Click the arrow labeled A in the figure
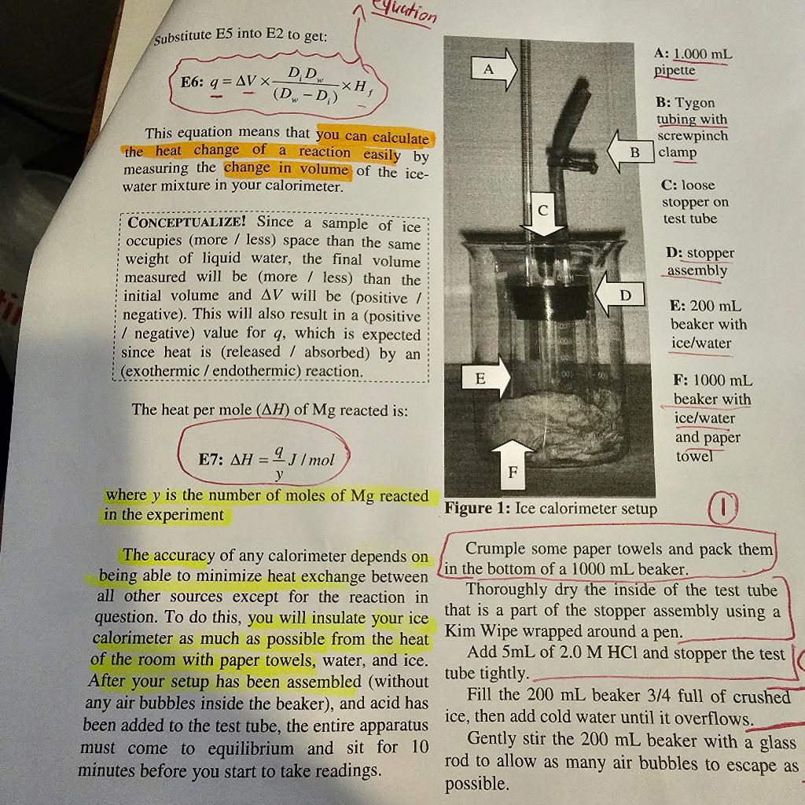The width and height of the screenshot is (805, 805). point(494,70)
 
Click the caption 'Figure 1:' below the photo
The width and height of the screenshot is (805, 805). point(477,509)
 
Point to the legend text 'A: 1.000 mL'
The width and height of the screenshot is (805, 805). point(693,53)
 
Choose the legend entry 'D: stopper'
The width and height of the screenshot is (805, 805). point(700,253)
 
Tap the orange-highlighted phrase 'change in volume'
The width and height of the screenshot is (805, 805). point(287,169)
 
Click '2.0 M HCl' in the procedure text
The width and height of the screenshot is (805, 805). point(592,653)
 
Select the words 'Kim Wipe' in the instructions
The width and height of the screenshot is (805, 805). point(479,631)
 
